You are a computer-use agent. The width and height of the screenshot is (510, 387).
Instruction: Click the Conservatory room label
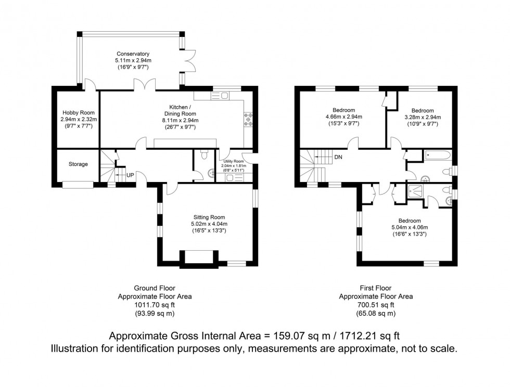click(133, 54)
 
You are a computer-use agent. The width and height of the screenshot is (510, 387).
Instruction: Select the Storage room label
click(78, 164)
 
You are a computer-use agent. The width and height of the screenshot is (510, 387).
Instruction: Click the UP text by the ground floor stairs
click(130, 175)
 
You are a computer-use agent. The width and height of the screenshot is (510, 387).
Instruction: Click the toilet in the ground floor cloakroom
click(203, 154)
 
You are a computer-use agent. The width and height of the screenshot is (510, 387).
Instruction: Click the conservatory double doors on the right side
click(190, 61)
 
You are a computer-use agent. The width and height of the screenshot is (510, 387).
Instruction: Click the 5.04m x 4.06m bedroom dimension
click(405, 227)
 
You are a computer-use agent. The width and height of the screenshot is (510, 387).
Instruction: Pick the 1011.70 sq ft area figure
click(154, 305)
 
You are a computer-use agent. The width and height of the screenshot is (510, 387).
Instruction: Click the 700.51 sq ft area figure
click(376, 305)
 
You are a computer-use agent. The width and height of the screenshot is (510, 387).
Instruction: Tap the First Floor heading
click(375, 288)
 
